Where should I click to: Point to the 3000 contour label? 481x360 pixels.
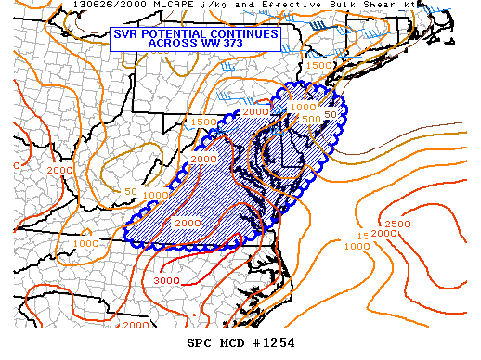point(167,280)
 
